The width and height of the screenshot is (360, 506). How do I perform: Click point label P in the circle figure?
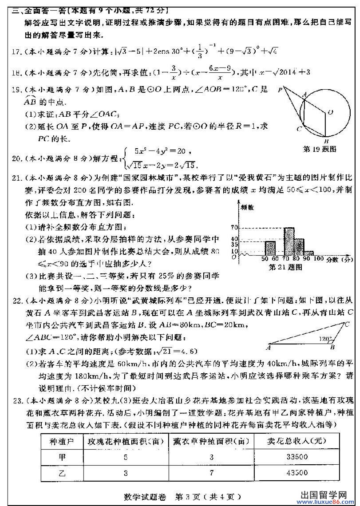pos(281,89)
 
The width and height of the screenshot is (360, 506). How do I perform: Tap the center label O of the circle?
pos(330,113)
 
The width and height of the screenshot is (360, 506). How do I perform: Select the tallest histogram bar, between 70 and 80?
pos(289,241)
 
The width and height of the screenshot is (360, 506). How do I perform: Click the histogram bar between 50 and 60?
pos(270,249)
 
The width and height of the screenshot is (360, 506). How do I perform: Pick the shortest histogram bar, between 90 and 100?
pos(309,253)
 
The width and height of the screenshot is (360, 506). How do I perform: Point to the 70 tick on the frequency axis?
pos(234,228)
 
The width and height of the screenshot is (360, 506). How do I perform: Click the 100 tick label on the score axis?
pos(318,259)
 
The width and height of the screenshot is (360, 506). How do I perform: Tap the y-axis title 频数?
pos(247,207)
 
